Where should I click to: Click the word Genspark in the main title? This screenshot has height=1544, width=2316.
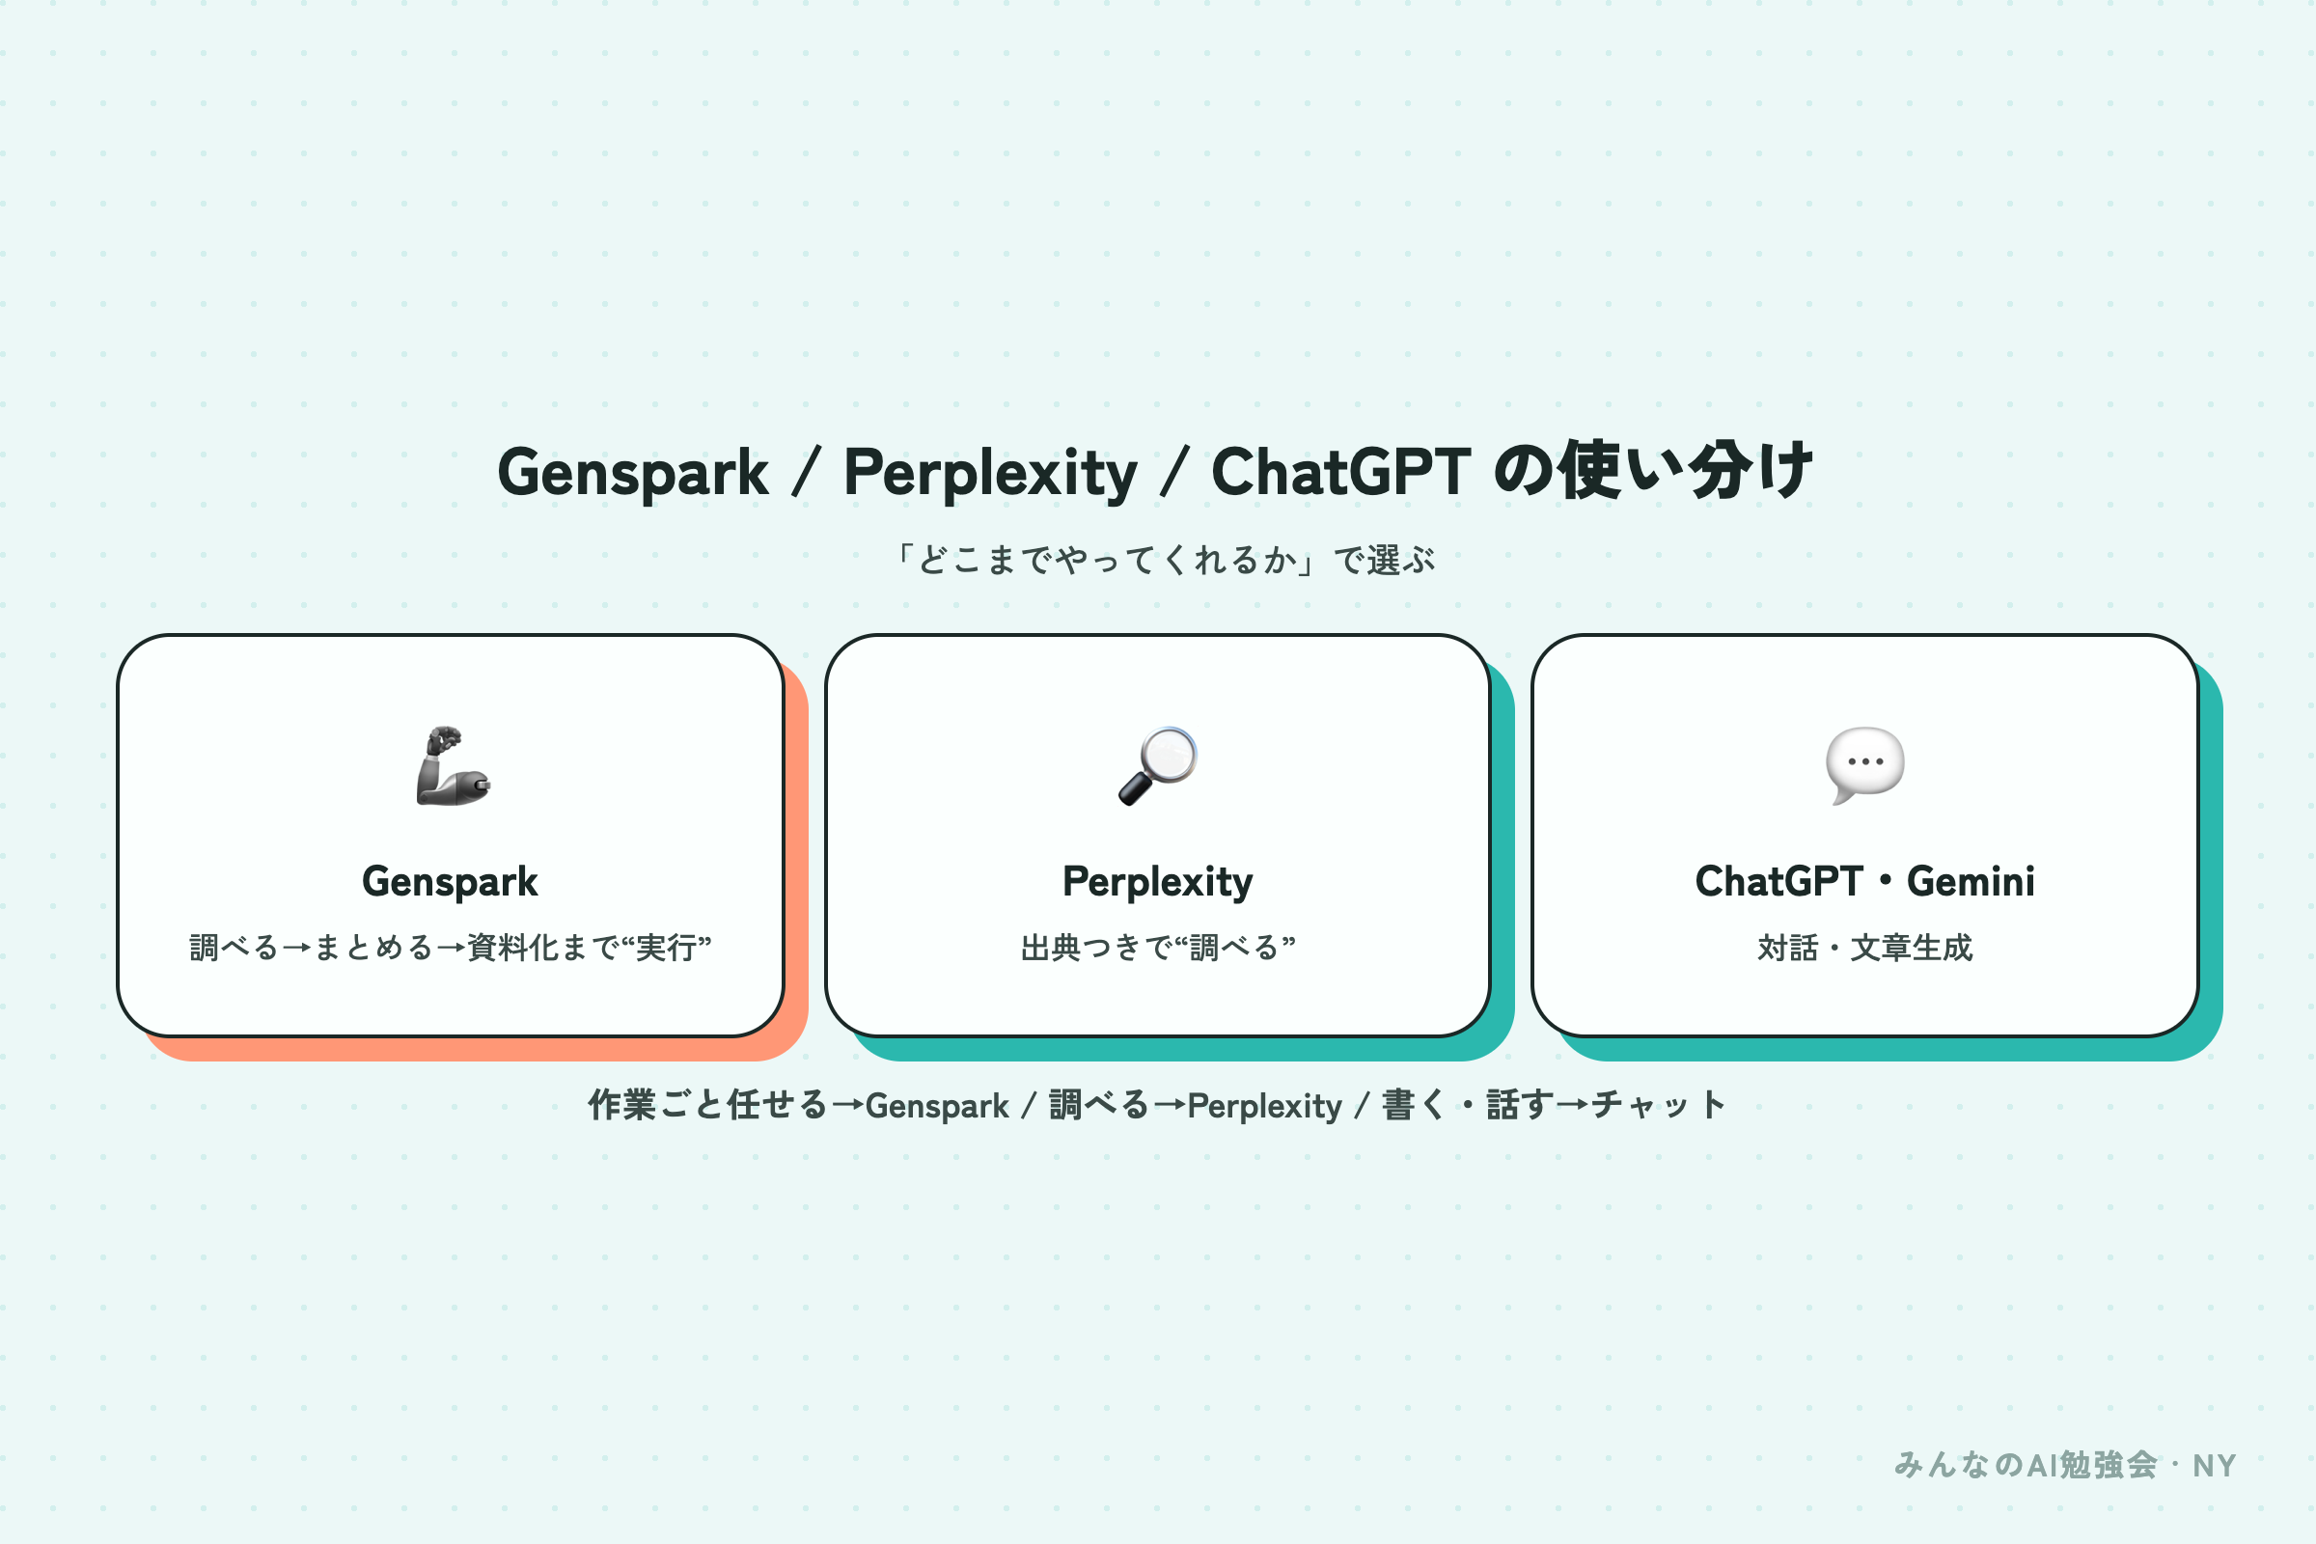coord(632,474)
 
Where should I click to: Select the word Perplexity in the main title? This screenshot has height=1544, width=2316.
coord(991,474)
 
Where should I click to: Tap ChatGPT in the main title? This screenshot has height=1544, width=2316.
coord(1341,472)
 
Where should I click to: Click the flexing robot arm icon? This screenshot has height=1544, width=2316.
coord(453,766)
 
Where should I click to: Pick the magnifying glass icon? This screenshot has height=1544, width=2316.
coord(1158,766)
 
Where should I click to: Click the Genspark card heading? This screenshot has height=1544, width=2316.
coord(450,882)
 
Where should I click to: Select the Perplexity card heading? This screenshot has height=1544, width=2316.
coord(1158,882)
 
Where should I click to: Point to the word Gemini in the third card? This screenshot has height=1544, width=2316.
coord(1971,881)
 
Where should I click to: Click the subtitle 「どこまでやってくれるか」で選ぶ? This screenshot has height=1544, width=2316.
coord(1166,561)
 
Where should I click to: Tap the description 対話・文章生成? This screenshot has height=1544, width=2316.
coord(1865,948)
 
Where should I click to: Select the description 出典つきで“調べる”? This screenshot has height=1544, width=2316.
coord(1158,948)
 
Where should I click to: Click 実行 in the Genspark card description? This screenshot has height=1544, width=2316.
coord(667,948)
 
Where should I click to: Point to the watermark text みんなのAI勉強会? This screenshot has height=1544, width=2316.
coord(2026,1465)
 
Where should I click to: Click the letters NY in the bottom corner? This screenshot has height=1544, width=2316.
coord(2215,1466)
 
